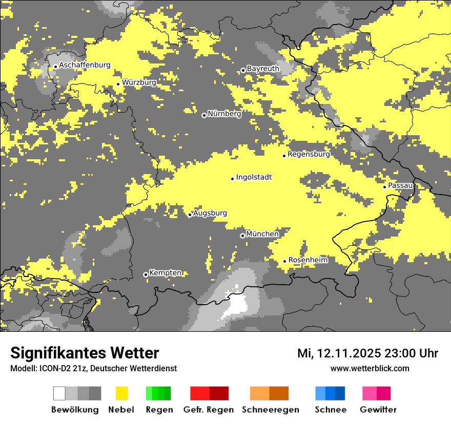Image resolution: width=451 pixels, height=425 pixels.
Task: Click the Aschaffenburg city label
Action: pos(85,65)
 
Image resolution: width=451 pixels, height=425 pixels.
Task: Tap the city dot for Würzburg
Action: pos(118,84)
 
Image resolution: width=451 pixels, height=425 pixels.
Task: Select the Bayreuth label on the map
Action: pos(263,69)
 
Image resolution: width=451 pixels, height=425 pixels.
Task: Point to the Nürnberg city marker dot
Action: pos(204,115)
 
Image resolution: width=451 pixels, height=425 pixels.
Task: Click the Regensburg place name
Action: pos(309,154)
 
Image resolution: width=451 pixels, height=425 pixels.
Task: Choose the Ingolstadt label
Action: pos(254,177)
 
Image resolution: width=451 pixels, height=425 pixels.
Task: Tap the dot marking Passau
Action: pos(384,187)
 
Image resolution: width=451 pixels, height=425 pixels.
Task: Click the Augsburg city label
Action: pos(210,213)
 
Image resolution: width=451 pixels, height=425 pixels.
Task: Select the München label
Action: pos(262,234)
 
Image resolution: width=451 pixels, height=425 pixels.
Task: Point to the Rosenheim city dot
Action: pos(284,261)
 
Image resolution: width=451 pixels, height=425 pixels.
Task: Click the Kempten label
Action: pos(165,273)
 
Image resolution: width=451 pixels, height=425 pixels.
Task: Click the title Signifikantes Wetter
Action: pos(85,353)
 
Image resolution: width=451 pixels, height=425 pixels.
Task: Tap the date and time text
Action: pos(367,353)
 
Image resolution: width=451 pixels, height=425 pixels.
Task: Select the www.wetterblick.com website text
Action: pos(370,369)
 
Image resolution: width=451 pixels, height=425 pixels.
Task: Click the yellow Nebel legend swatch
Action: pos(122,393)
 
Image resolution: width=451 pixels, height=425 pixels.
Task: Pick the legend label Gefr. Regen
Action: pos(209,410)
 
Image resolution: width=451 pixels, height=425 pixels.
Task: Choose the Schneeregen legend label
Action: pos(271,410)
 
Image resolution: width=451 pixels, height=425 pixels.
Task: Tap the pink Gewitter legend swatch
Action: pos(369,393)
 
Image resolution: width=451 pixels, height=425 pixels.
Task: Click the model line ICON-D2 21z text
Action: pos(93,369)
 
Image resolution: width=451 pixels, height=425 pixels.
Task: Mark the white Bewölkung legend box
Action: pos(59,393)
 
